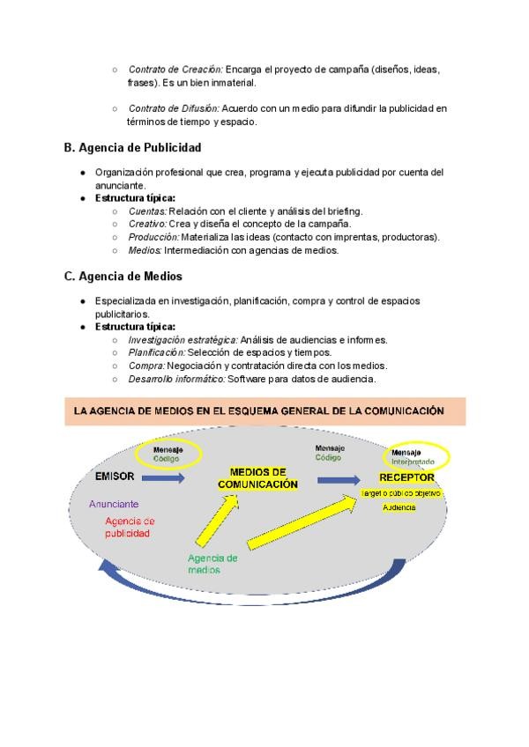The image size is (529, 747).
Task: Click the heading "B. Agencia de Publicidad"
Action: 132,147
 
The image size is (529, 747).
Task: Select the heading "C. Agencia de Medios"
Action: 123,277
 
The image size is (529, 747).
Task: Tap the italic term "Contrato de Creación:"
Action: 175,69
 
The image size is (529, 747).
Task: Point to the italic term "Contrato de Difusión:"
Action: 174,108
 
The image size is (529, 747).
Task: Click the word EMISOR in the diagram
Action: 115,477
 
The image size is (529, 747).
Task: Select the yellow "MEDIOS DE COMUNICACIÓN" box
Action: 257,478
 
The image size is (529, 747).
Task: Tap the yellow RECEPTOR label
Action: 406,477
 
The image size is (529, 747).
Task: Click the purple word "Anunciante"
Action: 114,504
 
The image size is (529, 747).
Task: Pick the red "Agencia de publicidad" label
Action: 129,527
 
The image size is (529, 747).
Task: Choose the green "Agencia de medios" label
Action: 212,564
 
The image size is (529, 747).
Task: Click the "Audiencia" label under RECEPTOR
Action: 399,508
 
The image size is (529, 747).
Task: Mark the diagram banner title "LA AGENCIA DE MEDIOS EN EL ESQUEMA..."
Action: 257,410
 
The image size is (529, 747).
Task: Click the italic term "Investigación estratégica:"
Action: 183,339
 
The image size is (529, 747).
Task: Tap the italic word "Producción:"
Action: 153,237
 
